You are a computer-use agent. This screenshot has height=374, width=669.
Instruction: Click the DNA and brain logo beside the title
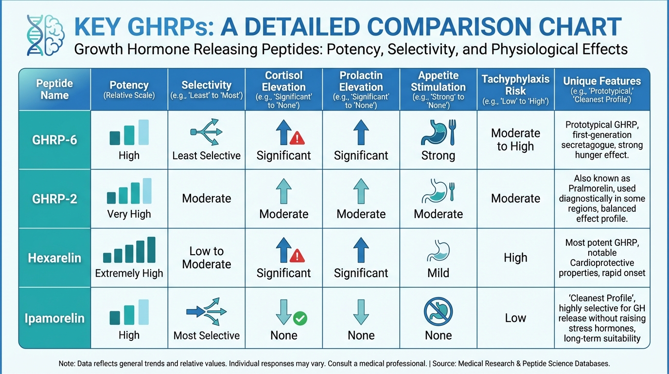(45, 35)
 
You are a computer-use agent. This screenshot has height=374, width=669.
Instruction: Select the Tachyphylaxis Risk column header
(515, 89)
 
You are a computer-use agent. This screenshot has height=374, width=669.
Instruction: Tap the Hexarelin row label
(54, 258)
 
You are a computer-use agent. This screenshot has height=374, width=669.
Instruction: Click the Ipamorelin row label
(54, 318)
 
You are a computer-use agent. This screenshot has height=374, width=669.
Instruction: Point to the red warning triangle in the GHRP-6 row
(297, 138)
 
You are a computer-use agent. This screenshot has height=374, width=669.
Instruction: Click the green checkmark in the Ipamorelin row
(300, 318)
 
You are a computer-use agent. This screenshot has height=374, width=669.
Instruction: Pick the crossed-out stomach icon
(438, 312)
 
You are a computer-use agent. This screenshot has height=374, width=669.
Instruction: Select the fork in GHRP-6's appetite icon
(453, 132)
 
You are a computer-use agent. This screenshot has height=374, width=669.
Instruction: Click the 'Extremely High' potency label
(129, 273)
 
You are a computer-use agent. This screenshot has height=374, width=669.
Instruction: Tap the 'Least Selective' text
(206, 155)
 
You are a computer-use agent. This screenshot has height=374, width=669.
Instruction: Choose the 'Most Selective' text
(206, 336)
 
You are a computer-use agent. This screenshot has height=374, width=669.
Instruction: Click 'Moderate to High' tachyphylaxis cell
(515, 139)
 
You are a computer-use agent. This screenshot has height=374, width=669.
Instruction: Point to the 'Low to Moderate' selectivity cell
(206, 258)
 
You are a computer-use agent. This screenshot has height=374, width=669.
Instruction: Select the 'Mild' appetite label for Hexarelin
(438, 273)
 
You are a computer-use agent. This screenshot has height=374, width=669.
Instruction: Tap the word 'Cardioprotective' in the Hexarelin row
(602, 262)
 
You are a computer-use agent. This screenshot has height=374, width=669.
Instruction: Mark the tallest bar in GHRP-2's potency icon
(147, 191)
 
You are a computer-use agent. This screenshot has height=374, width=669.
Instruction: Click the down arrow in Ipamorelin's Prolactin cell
(361, 312)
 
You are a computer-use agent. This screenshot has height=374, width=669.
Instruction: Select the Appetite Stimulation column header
(438, 89)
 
